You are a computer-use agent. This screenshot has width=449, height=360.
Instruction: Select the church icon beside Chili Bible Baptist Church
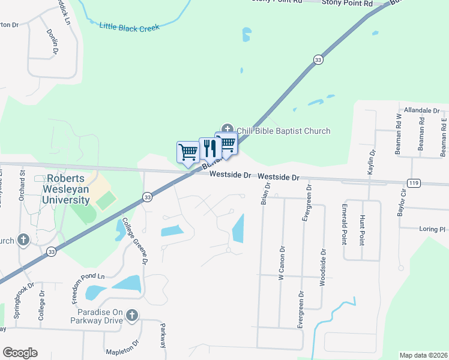click(x=228, y=129)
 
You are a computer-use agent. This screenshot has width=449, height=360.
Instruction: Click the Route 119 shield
click(x=412, y=183)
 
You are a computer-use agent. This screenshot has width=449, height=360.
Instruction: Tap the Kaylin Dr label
click(x=372, y=163)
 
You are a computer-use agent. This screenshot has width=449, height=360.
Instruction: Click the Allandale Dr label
click(x=421, y=111)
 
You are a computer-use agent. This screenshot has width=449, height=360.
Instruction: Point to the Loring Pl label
click(x=432, y=229)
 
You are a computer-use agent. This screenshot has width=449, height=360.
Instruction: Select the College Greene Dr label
click(x=135, y=241)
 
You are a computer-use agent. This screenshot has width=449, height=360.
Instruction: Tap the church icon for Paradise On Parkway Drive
click(x=132, y=315)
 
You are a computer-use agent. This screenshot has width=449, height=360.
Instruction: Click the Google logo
click(x=20, y=353)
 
